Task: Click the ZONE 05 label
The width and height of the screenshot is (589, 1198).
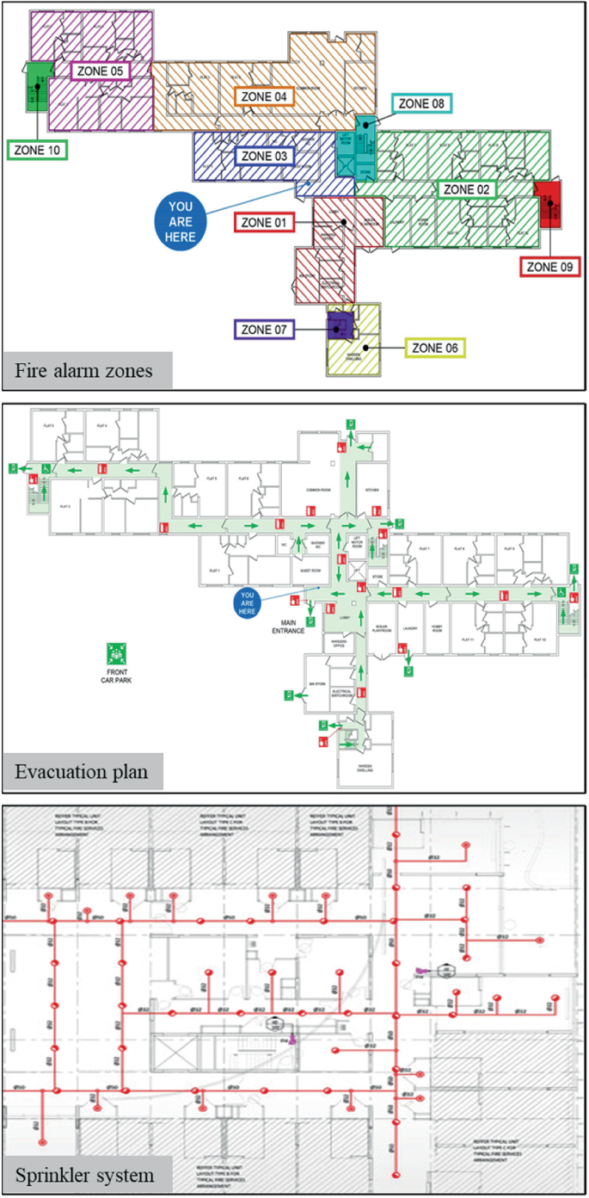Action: [98, 71]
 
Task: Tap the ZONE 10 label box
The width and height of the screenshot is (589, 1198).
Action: [38, 150]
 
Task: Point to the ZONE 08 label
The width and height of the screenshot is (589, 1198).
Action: [421, 104]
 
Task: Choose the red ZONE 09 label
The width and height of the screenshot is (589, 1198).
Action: [549, 266]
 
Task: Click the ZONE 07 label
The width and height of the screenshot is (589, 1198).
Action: [264, 329]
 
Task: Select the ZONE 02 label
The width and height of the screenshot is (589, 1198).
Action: [465, 189]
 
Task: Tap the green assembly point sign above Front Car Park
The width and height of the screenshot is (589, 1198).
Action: [113, 651]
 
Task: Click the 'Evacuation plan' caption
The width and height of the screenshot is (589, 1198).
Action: [81, 772]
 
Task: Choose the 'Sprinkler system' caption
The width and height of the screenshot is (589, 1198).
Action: [86, 1173]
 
